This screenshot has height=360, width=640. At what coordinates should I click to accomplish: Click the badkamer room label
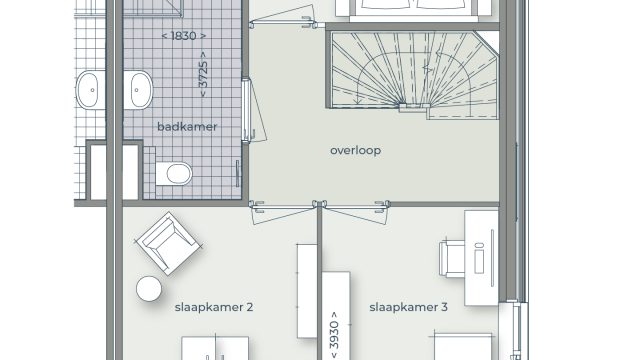[x=187, y=127]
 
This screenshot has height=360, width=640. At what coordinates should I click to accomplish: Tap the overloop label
[x=356, y=151]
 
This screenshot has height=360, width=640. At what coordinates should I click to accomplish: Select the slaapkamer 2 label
[x=214, y=307]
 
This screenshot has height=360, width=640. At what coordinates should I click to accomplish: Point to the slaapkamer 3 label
[x=408, y=307]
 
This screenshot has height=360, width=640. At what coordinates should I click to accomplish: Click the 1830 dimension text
[x=184, y=36]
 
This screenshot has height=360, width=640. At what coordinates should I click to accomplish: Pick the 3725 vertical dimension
[x=203, y=74]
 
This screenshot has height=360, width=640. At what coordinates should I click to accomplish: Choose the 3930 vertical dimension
[x=334, y=335]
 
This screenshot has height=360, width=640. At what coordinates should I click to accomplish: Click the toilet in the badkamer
[x=174, y=174]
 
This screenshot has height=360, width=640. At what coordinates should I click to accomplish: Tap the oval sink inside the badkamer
[x=139, y=90]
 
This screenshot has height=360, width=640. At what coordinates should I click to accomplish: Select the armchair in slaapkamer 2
[x=169, y=243]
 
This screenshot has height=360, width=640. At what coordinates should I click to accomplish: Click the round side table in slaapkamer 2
[x=149, y=289]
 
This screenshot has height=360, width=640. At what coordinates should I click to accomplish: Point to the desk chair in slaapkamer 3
[x=452, y=259]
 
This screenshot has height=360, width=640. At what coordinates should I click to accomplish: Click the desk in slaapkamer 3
[x=482, y=258]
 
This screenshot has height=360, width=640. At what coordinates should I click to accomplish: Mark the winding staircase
[x=413, y=74]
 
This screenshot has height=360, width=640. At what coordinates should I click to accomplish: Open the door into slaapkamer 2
[x=283, y=213]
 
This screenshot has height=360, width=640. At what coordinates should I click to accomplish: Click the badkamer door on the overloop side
[x=254, y=111]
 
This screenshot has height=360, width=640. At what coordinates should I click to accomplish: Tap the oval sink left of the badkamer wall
[x=91, y=90]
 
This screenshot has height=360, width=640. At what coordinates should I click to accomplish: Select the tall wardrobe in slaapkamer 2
[x=307, y=291]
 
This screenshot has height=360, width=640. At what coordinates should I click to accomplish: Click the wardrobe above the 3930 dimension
[x=336, y=292]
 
